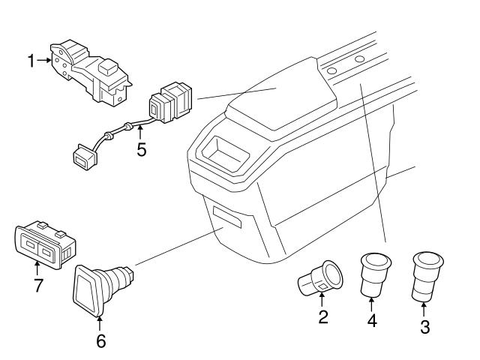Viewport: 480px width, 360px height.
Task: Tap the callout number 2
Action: pyautogui.click(x=323, y=316)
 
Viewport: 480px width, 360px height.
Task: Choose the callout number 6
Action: pyautogui.click(x=100, y=341)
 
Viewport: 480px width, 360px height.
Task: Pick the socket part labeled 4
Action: pyautogui.click(x=373, y=273)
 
